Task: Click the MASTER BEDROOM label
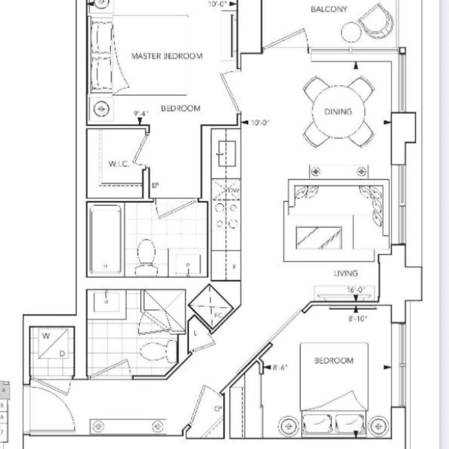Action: pos(166,56)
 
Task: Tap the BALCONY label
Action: pos(329,9)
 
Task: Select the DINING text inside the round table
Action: pos(338,111)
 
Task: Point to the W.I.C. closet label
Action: pos(118,164)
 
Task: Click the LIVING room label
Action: pos(346,273)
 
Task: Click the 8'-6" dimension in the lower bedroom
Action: pos(280,367)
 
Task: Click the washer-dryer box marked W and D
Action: pos(52,345)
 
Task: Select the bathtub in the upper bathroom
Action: pos(106,239)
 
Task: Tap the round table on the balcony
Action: pos(351,31)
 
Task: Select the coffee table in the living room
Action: pos(319,237)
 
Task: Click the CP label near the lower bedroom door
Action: pos(218,409)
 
